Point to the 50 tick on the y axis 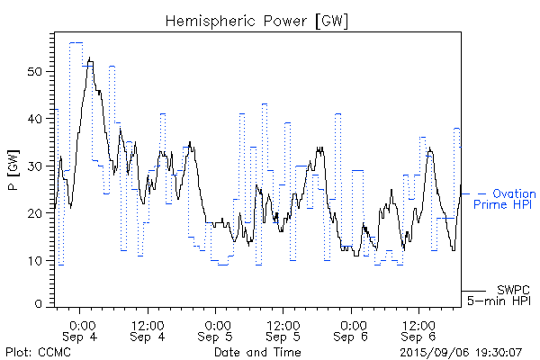pos(36,71)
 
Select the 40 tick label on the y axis pos(36,119)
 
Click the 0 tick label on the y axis pos(40,305)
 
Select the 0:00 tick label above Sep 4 pos(82,324)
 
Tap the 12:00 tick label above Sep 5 pos(283,324)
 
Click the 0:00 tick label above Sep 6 pos(352,324)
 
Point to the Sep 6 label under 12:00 pos(418,337)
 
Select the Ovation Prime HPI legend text pos(505,200)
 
